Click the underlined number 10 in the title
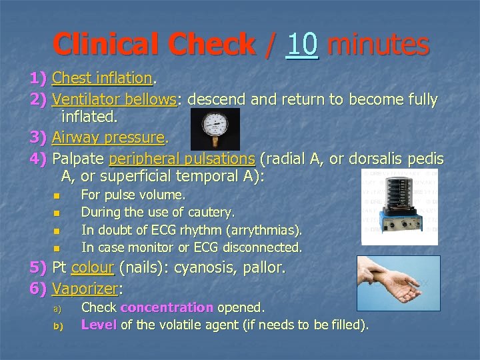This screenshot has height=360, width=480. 302,45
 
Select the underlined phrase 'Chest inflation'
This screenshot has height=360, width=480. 102,79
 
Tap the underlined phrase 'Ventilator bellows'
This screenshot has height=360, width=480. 114,100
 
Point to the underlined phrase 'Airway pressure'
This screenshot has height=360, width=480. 108,138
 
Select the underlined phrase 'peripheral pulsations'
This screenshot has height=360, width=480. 181,159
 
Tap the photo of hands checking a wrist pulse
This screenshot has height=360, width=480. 398,283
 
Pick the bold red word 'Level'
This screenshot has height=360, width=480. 99,325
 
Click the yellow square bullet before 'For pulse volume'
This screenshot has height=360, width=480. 57,196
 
